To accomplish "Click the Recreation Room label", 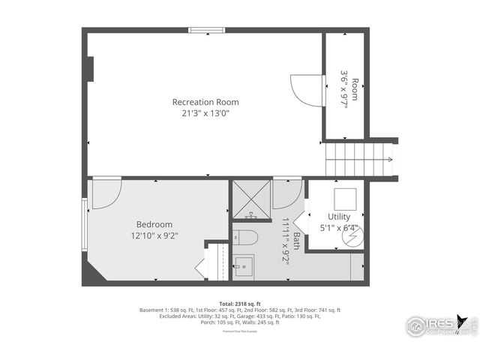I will (x=205, y=102).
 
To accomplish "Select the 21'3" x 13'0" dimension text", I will (x=205, y=114).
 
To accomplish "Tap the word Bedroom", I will (x=154, y=224).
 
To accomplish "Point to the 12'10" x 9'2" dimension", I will (x=154, y=235).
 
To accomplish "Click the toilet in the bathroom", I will (x=246, y=238).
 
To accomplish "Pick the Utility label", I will (x=339, y=217).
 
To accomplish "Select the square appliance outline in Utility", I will (x=346, y=198).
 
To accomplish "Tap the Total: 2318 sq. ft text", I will (x=239, y=303).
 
